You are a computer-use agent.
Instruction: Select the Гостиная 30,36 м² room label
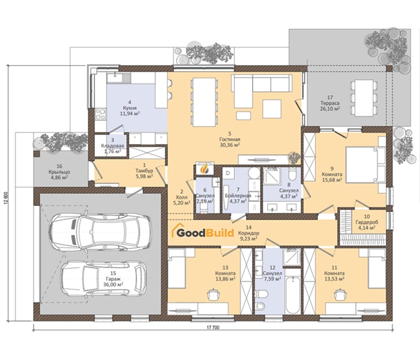click(230, 139)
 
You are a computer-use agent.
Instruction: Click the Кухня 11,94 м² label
click(130, 107)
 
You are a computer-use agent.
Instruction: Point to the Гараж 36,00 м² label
click(113, 279)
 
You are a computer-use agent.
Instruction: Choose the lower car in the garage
click(104, 278)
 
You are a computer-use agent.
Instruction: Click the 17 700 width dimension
click(213, 328)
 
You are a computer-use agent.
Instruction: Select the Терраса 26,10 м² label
click(330, 103)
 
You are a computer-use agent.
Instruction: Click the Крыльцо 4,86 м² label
click(59, 172)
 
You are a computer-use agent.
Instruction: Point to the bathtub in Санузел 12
click(293, 295)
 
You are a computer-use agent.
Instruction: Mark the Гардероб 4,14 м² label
click(367, 222)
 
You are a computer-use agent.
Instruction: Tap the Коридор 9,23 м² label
click(248, 233)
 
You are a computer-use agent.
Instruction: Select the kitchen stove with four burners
click(100, 115)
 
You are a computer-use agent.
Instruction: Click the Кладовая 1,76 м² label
click(113, 145)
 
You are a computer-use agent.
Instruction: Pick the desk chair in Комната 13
click(213, 295)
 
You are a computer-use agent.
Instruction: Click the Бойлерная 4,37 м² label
click(238, 196)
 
